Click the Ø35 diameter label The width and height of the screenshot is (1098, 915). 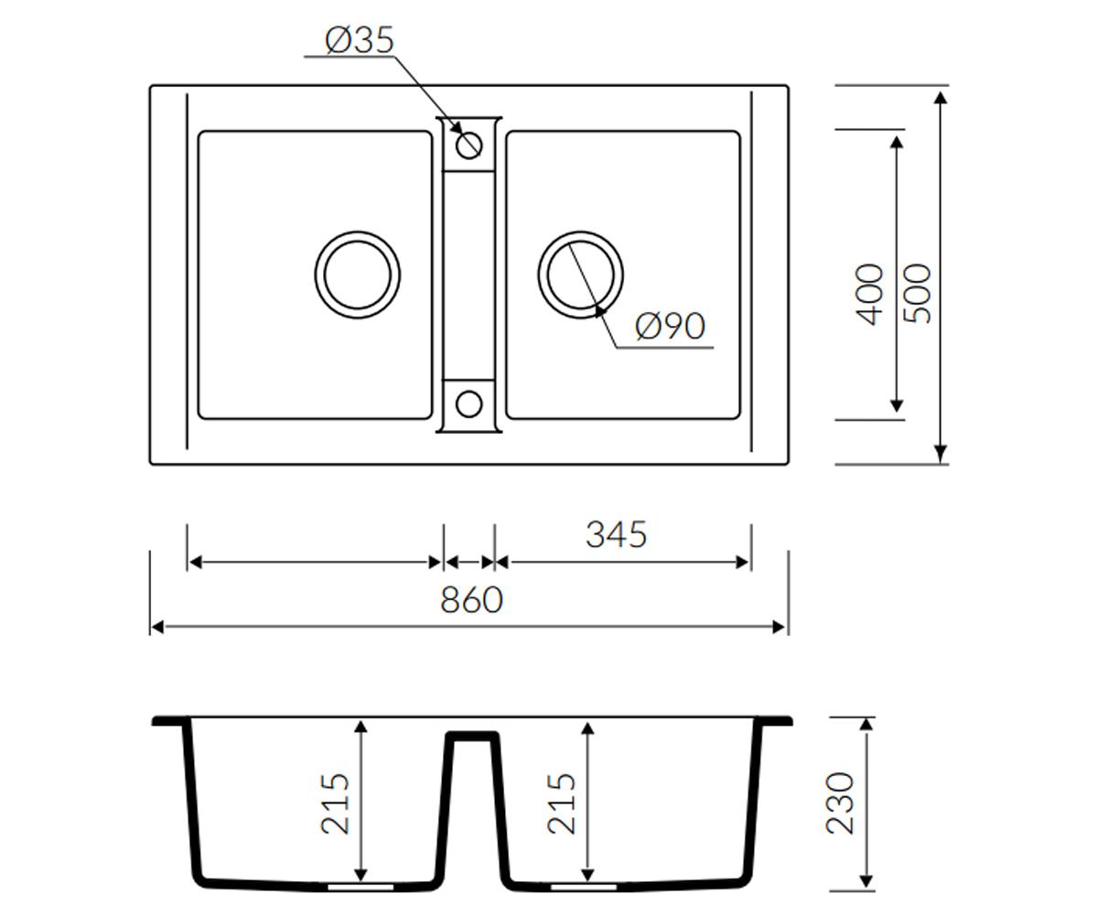[x=360, y=40]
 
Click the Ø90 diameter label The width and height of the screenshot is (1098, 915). [x=670, y=326]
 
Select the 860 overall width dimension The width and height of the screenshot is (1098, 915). [x=472, y=600]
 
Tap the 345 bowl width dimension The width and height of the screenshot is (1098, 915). [x=617, y=534]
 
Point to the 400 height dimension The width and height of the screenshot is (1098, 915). [x=869, y=295]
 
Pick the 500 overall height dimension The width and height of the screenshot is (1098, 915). [x=917, y=294]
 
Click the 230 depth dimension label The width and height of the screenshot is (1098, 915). [x=839, y=803]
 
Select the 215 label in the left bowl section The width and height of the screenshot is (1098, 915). [x=335, y=803]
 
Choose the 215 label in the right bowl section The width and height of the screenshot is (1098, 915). [x=562, y=803]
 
